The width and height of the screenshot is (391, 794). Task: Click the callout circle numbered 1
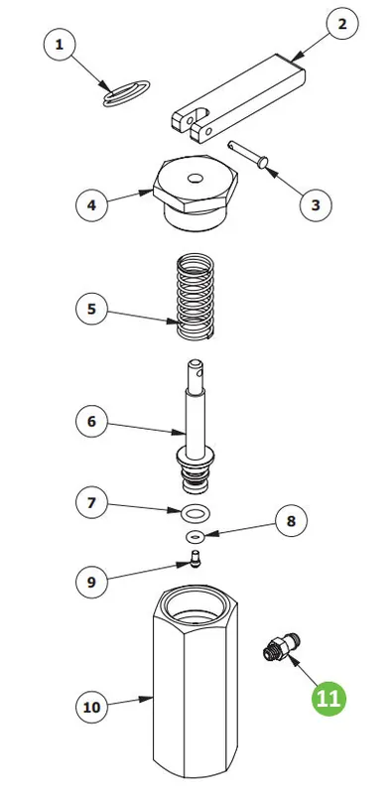coord(60,45)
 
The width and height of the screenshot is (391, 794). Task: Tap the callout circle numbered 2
coord(342,24)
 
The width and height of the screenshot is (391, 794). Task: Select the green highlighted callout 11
coord(328,699)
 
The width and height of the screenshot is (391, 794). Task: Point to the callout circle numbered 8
coord(291,520)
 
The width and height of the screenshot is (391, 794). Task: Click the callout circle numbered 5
coord(91,309)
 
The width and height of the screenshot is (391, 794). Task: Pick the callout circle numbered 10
coord(91,707)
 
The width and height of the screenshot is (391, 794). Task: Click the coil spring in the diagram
coord(195,296)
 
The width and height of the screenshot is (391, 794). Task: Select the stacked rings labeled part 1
coord(127,94)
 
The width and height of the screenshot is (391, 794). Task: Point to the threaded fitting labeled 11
coord(281,646)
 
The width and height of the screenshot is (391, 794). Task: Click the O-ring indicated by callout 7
coord(195,513)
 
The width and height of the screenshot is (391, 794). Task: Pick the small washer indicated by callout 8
coord(195,535)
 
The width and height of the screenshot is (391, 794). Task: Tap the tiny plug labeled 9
coord(195,560)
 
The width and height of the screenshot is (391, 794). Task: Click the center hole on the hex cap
coord(195,179)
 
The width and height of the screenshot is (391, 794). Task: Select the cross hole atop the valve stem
coord(202,374)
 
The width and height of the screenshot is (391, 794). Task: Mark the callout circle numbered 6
coord(91,421)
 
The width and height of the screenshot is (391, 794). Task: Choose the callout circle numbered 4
coord(91,205)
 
